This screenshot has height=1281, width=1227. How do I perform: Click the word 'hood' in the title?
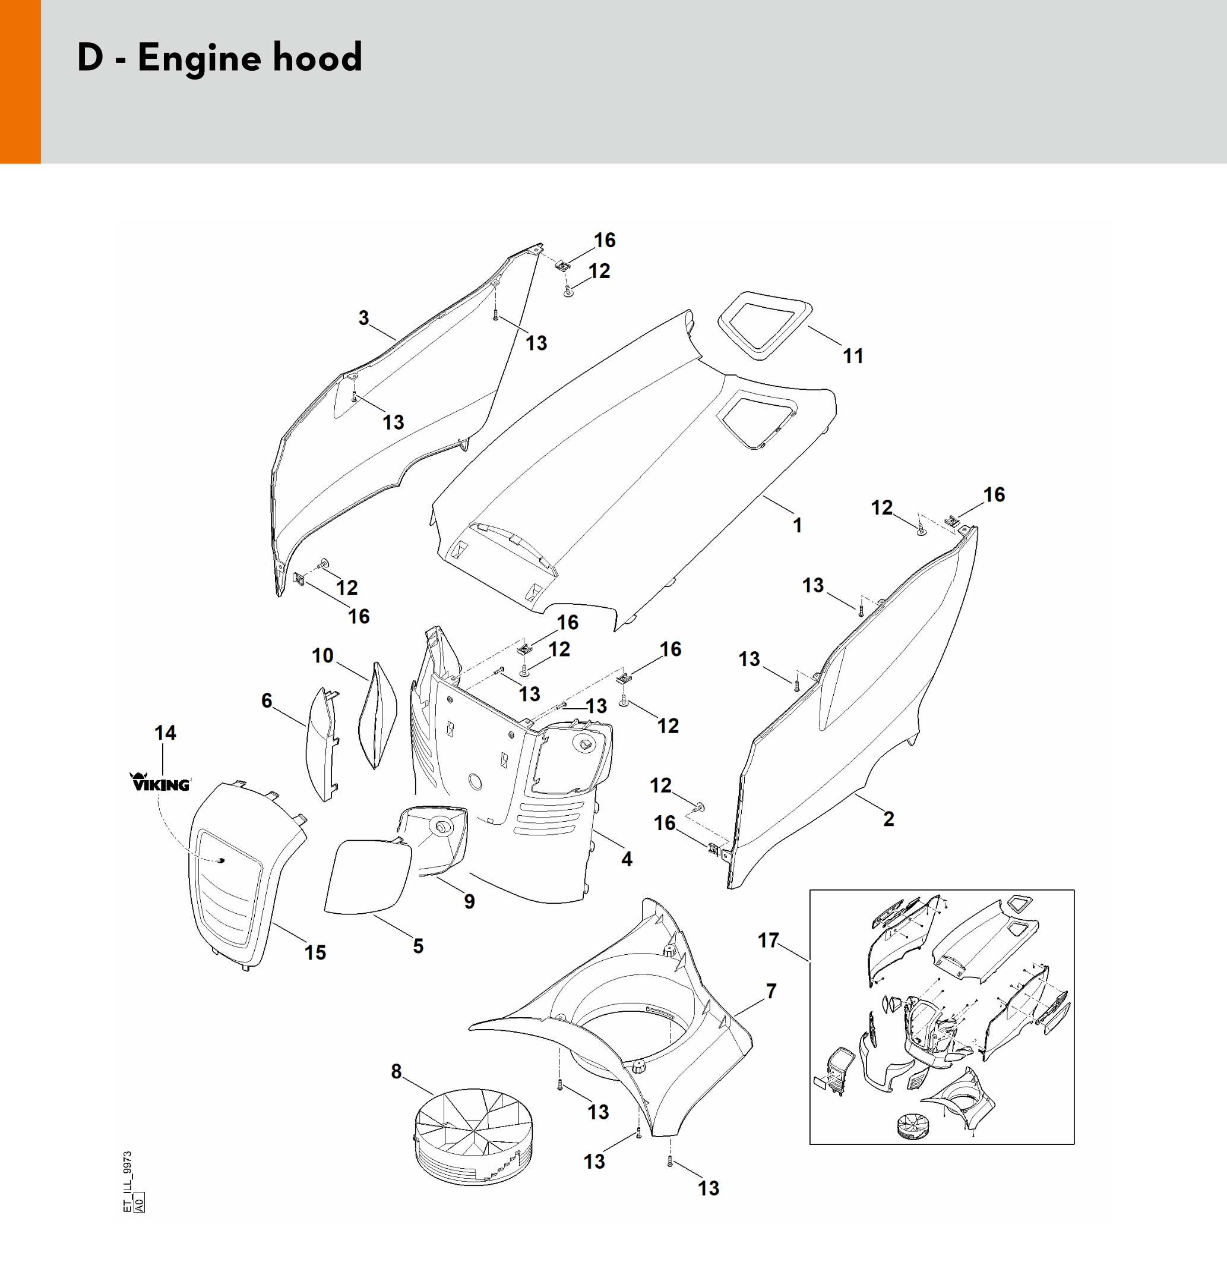click(x=317, y=58)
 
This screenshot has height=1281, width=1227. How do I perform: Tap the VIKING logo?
click(x=161, y=783)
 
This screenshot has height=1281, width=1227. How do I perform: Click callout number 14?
click(x=165, y=733)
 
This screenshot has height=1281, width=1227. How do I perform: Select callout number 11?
click(x=853, y=356)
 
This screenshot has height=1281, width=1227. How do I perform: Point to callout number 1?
click(x=797, y=525)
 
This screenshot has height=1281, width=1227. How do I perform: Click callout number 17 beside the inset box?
click(x=769, y=940)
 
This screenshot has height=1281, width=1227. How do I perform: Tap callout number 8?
click(x=396, y=1071)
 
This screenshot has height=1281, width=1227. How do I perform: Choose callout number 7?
click(x=771, y=991)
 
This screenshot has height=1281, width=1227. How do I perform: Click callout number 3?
click(x=364, y=318)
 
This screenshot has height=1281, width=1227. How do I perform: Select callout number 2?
click(x=888, y=818)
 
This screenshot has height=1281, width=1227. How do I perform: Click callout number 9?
click(x=469, y=901)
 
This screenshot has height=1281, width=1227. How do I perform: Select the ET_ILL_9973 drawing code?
click(x=128, y=1182)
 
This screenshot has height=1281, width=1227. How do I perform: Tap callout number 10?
click(x=322, y=655)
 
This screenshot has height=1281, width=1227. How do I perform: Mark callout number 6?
click(x=267, y=700)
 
